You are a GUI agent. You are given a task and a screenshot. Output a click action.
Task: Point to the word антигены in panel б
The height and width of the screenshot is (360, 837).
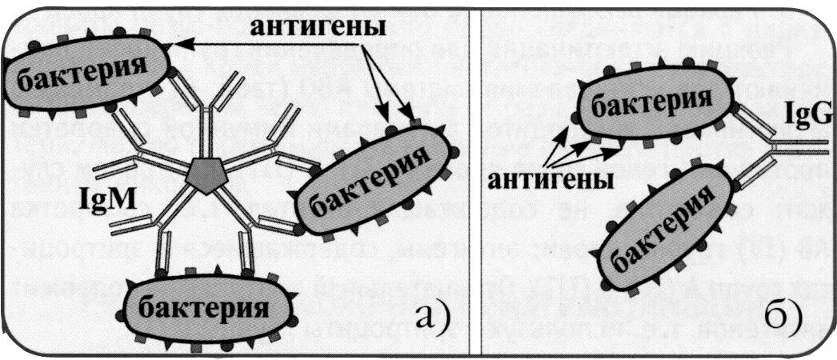pos(548,180)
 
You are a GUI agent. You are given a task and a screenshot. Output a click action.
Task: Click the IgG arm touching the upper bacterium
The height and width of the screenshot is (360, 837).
pos(752,128)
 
